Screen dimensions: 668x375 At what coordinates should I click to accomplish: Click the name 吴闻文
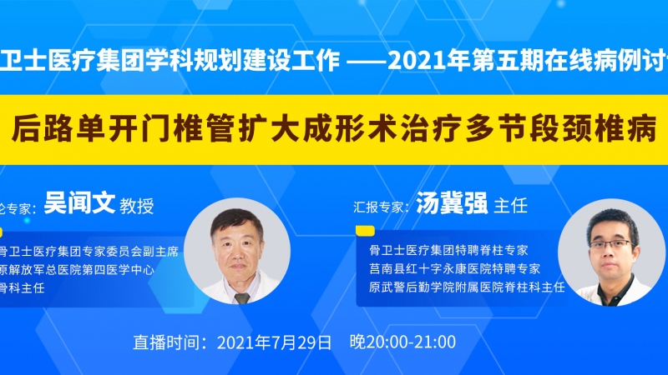coord(79,203)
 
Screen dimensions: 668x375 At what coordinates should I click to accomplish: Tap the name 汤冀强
coord(452,203)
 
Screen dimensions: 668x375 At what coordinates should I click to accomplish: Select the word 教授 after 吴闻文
coord(136,206)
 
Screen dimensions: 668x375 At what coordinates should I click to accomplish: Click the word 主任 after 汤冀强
coord(510,206)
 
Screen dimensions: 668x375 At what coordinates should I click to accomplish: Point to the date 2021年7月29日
coord(275,342)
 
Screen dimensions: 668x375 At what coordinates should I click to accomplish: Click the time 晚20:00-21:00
coord(402,342)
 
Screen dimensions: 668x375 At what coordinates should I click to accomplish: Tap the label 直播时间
coord(166,342)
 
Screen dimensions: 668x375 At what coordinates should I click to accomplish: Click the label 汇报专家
coord(378,207)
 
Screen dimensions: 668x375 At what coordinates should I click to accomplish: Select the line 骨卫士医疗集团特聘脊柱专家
coord(448,250)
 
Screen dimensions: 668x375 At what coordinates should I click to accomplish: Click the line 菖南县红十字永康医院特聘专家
coord(454,268)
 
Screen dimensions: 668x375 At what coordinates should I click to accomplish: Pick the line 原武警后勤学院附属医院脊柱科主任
coord(467,287)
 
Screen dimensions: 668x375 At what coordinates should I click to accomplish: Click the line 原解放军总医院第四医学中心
coord(77,270)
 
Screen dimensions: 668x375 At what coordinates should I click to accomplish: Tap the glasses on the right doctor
coord(610,244)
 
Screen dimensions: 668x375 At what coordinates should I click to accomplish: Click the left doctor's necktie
coord(241,298)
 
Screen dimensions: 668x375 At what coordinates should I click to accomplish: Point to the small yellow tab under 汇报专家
coord(365,231)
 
